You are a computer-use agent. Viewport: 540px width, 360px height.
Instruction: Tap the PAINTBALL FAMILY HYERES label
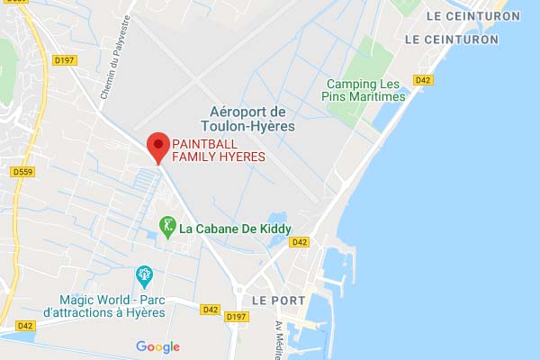219,150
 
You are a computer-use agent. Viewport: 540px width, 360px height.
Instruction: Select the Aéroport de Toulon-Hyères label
246,119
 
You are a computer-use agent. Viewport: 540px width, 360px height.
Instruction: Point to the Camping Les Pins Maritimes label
365,90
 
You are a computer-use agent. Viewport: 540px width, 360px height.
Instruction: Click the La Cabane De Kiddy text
235,229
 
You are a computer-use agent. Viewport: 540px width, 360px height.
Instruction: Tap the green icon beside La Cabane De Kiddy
166,225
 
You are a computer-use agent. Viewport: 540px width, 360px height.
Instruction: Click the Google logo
158,346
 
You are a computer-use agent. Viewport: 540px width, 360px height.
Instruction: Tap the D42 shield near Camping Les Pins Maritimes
423,80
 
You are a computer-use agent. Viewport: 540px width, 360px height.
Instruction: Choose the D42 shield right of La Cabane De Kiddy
300,242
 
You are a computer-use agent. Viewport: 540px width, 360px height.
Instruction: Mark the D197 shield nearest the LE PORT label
238,317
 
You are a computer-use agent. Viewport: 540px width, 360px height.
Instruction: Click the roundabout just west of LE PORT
238,289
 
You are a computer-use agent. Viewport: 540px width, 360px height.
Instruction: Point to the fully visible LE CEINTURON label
462,40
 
